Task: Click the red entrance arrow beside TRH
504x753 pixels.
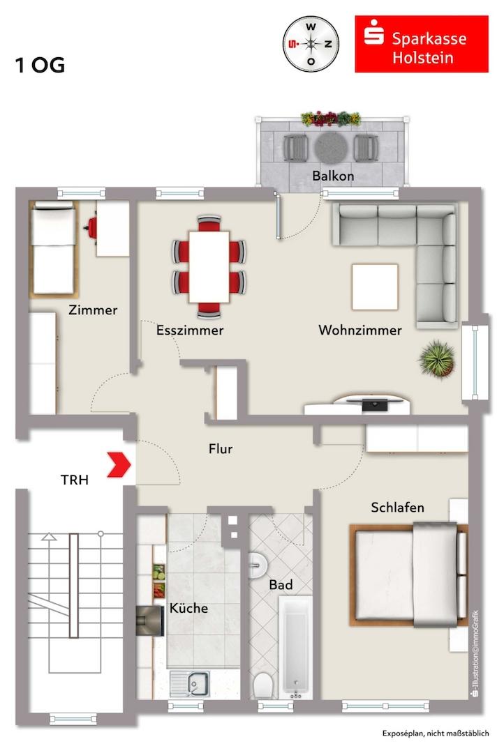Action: click(x=119, y=464)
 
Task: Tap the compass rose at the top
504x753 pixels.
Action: click(x=311, y=44)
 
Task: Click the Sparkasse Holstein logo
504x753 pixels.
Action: click(x=422, y=44)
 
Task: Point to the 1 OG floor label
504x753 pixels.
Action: click(x=40, y=66)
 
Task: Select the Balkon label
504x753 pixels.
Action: click(x=333, y=176)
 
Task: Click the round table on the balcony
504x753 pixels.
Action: click(x=332, y=147)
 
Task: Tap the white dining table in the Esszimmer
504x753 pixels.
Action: click(x=209, y=267)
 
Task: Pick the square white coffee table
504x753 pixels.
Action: click(x=375, y=287)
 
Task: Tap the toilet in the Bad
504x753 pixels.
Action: click(x=262, y=685)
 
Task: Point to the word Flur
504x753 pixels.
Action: click(x=221, y=449)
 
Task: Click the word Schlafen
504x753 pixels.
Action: click(x=398, y=508)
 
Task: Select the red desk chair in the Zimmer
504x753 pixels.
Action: click(x=92, y=227)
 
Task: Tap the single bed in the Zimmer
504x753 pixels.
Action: click(x=53, y=250)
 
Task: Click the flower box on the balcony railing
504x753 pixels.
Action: click(x=331, y=118)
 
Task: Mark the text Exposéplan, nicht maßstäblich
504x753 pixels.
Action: click(x=436, y=733)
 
